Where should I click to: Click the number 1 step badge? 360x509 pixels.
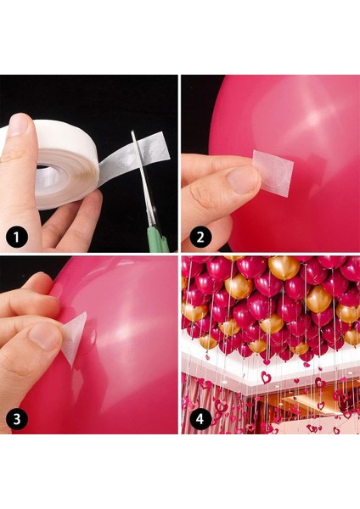pyautogui.click(x=17, y=238)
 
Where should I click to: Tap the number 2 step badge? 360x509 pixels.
pyautogui.click(x=200, y=237)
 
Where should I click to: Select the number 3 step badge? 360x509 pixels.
pyautogui.click(x=17, y=418)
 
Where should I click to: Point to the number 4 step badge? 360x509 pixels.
pyautogui.click(x=200, y=418)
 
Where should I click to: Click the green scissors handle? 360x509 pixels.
pyautogui.click(x=157, y=238)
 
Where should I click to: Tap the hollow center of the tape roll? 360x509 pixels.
pyautogui.click(x=48, y=171)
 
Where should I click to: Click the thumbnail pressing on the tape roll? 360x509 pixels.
pyautogui.click(x=19, y=125)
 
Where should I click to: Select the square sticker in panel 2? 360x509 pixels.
pyautogui.click(x=273, y=173)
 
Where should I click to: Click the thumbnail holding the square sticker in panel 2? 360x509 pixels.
pyautogui.click(x=241, y=179)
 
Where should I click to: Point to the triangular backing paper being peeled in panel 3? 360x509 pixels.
pyautogui.click(x=74, y=338)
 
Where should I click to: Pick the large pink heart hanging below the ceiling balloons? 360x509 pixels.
pyautogui.click(x=266, y=378)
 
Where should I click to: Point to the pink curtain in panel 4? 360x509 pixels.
pyautogui.click(x=195, y=402)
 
